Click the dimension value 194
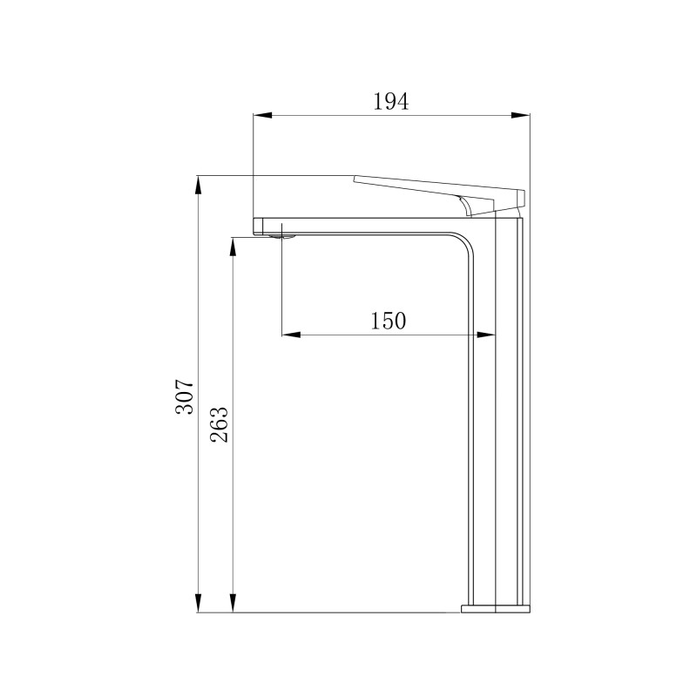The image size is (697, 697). coord(390,101)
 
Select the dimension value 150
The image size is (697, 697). coord(388,321)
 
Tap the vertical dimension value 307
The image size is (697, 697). coord(185,396)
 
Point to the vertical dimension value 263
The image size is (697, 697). coord(219,424)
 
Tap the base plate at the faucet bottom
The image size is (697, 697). coord(495,607)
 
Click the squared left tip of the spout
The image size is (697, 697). coord(258,225)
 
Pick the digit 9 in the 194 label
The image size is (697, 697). coord(390,101)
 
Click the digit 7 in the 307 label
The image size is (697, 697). coord(185,384)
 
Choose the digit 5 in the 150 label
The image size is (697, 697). coord(388,321)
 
